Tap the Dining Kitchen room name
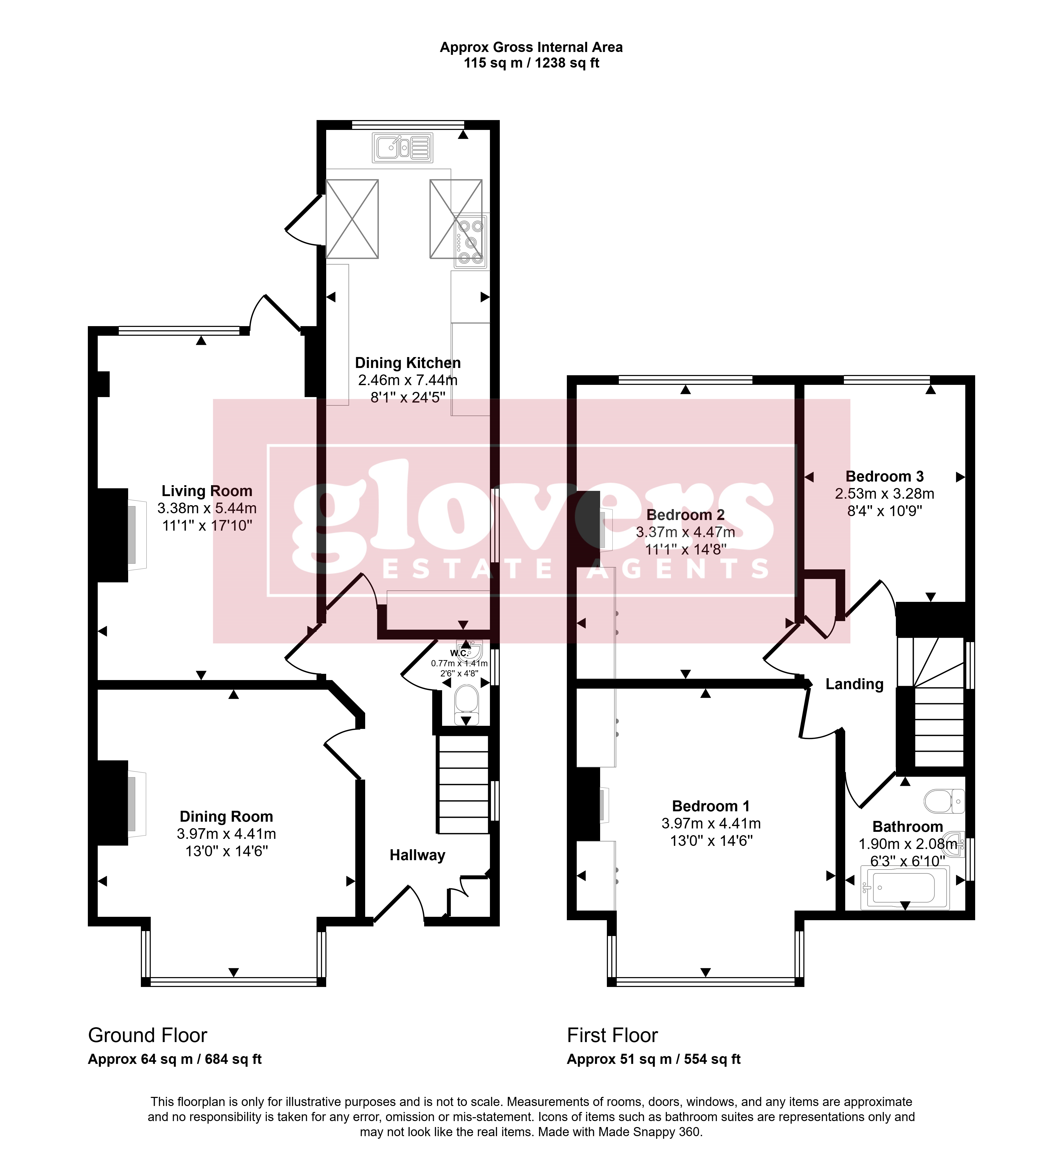[x=408, y=363]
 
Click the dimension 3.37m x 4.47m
[x=686, y=532]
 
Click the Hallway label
[x=418, y=855]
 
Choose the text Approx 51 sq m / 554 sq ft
[x=654, y=1059]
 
